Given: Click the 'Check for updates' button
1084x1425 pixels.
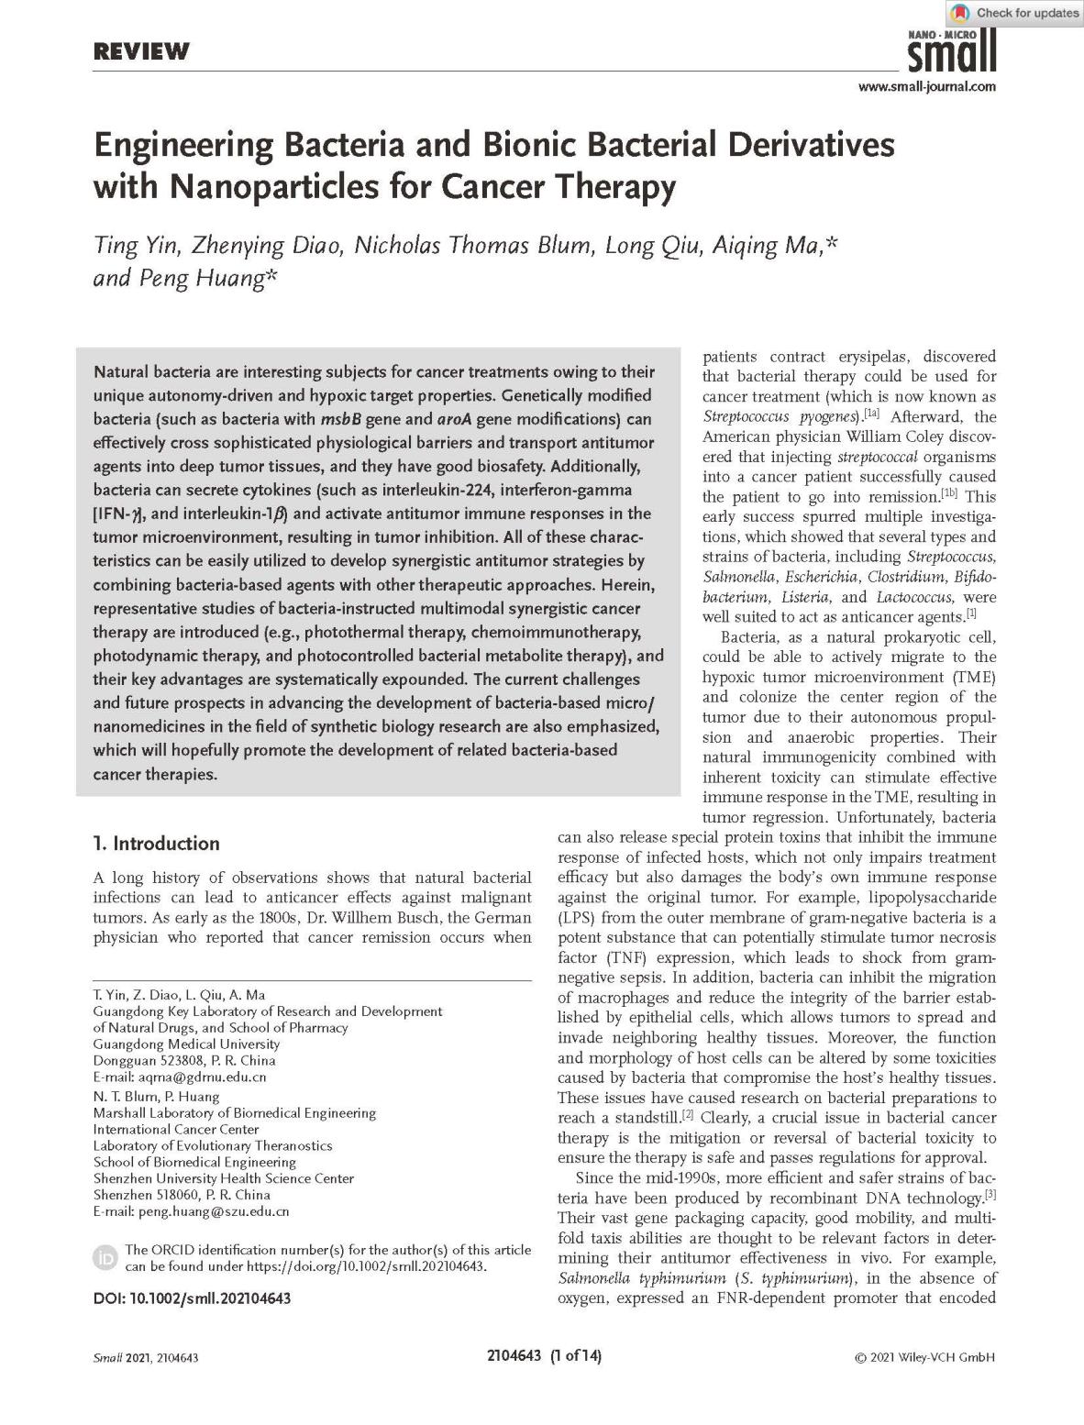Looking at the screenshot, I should [x=1014, y=13].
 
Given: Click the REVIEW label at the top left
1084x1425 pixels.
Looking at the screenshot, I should [x=140, y=51].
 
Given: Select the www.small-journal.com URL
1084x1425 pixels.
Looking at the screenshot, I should [x=926, y=87].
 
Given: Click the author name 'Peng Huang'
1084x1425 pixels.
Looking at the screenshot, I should [x=202, y=278].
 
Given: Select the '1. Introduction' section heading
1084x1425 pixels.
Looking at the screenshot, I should [x=157, y=844].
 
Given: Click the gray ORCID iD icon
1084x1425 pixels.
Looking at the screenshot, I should [x=106, y=1257].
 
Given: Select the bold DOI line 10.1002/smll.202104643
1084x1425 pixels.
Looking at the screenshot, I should [x=193, y=1298].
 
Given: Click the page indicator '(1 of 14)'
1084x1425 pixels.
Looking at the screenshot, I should [x=576, y=1356].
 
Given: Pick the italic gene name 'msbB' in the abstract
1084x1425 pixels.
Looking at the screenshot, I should [x=340, y=419].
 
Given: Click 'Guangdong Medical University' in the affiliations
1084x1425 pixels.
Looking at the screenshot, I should [x=186, y=1044].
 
